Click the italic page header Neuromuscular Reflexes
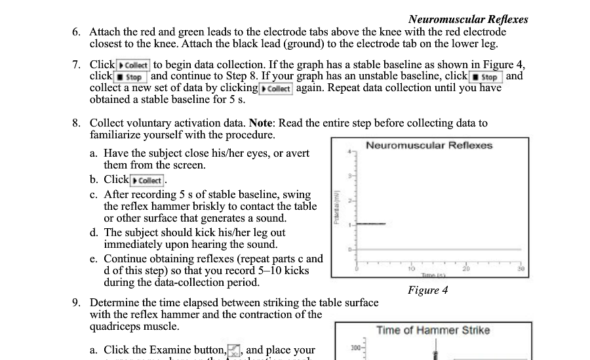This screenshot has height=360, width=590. coord(467,19)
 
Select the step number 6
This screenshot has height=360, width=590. coord(77,32)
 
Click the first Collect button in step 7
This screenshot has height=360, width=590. coord(133,65)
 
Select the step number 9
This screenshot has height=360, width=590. coord(77,303)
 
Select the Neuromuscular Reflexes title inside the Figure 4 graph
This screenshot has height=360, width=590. coord(429,146)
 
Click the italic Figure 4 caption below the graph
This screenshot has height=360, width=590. coord(427,290)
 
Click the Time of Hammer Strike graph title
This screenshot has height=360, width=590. coord(433,330)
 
